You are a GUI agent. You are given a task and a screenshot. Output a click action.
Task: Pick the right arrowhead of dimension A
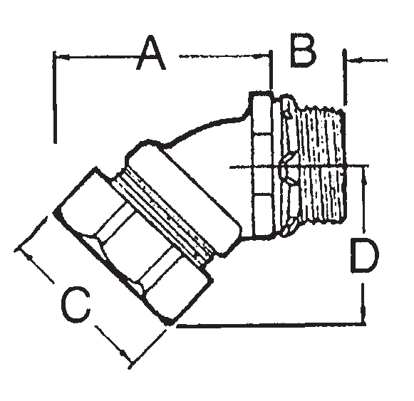266,55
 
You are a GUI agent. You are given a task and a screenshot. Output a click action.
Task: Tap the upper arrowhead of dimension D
365,170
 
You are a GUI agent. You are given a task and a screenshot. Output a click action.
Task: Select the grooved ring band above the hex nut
167,210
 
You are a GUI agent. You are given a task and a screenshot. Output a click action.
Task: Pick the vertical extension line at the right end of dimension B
344,78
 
